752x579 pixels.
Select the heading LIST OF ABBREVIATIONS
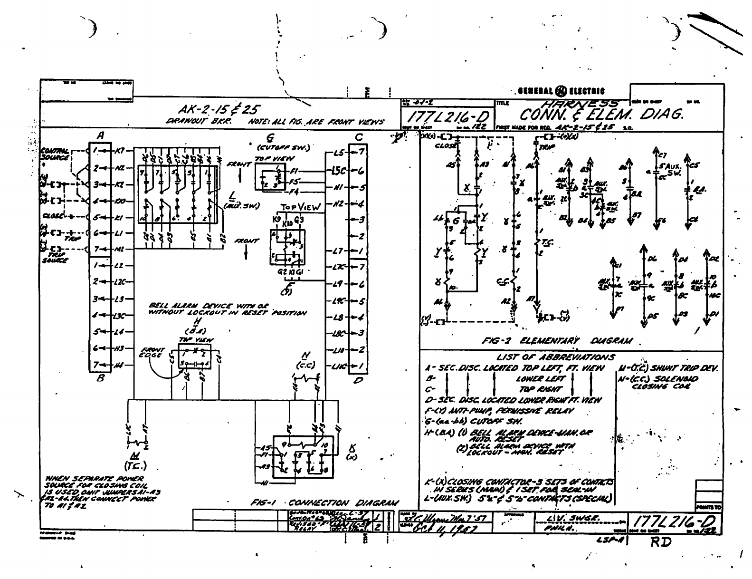click(x=555, y=357)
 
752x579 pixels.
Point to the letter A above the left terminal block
click(x=101, y=136)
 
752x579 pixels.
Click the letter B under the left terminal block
click(x=100, y=379)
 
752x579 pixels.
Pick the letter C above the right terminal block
click(x=359, y=137)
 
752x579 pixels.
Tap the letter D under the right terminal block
click(x=359, y=381)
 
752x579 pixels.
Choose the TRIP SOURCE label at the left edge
click(x=54, y=257)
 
